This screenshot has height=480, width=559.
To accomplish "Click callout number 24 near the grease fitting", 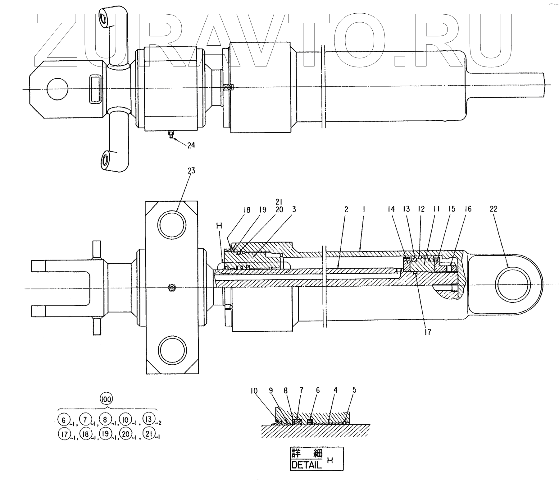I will (191, 145).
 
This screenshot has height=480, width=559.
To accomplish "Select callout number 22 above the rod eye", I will (493, 209).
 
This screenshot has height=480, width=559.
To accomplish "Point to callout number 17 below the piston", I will (428, 332).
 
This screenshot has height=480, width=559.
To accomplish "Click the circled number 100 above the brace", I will (107, 399).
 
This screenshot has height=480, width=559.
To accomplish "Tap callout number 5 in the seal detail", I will (354, 390).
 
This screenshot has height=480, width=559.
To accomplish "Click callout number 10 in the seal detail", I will (254, 390).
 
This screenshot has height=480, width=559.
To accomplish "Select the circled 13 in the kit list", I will (149, 419).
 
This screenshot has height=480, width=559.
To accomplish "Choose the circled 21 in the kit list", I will (149, 434).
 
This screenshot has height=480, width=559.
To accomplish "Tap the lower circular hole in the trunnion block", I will (172, 349).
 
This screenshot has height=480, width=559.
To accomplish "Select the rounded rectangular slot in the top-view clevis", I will (95, 89).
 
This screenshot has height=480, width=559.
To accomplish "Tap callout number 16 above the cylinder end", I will (468, 209).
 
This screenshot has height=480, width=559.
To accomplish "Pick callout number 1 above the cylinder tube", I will (364, 210).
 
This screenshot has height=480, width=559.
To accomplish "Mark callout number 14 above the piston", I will (391, 209).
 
